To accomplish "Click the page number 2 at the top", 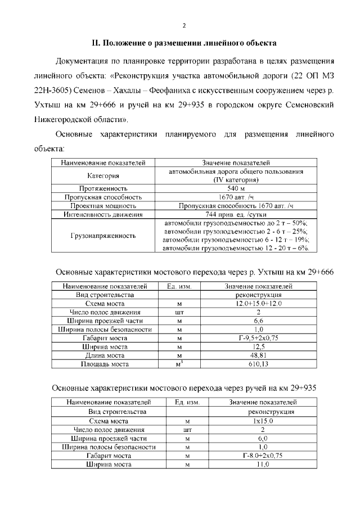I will tap(183, 25).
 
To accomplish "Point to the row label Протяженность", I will tap(102, 188).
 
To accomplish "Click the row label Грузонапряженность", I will tap(102, 236).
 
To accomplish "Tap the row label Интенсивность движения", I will tap(102, 214).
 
